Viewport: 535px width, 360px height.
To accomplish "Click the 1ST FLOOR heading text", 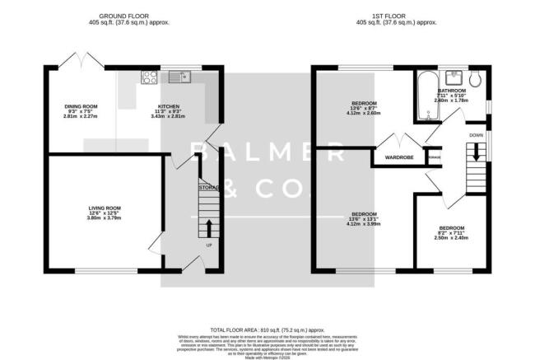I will pyautogui.click(x=394, y=16).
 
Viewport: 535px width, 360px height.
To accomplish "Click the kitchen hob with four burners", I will pyautogui.click(x=151, y=78).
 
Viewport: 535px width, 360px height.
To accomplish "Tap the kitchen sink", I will pyautogui.click(x=180, y=78).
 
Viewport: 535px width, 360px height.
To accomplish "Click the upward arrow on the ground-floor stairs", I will pyautogui.click(x=207, y=227).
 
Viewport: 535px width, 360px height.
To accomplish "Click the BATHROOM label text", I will pyautogui.click(x=453, y=91).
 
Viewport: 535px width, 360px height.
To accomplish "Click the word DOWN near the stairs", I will pyautogui.click(x=476, y=134).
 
